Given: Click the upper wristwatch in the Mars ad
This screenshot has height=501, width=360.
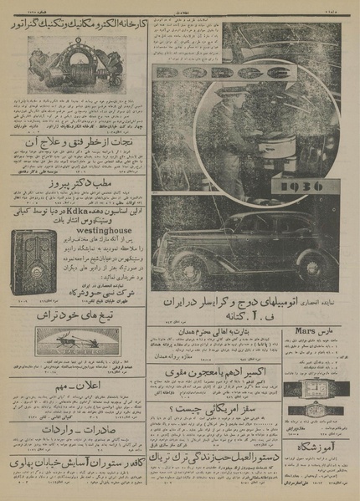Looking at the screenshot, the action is (x=306, y=387).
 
